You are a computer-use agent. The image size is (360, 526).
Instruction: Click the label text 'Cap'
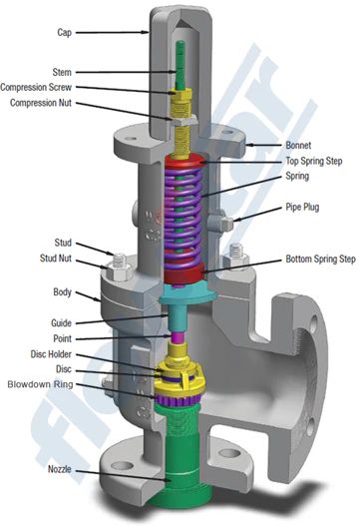(65, 33)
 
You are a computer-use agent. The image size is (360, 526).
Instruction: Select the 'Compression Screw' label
(36, 87)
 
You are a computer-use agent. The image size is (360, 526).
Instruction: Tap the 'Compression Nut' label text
(41, 103)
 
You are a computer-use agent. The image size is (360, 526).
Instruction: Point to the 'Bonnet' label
(298, 146)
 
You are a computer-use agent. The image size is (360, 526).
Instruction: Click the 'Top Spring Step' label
(314, 161)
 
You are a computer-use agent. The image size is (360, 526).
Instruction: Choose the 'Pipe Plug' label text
(302, 207)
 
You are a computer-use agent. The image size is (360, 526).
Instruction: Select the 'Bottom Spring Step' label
(320, 259)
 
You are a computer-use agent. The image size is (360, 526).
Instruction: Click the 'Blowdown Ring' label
(40, 384)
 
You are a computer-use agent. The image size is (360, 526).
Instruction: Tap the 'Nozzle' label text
(60, 469)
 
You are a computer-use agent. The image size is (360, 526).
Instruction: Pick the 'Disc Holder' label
(51, 354)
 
